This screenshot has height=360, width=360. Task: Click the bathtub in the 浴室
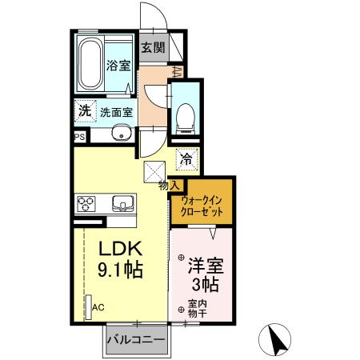[x=90, y=62]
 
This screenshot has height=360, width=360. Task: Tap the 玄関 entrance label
[x=154, y=47]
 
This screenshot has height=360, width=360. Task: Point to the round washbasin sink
[x=122, y=133]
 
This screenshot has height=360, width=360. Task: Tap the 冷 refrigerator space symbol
[x=185, y=159]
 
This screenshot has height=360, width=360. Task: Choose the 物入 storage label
[x=169, y=185]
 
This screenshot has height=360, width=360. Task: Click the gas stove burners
[x=87, y=203]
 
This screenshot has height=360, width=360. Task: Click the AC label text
[x=98, y=306]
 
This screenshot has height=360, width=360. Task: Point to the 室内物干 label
[x=197, y=308]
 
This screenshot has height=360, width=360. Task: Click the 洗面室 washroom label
[x=116, y=112]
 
